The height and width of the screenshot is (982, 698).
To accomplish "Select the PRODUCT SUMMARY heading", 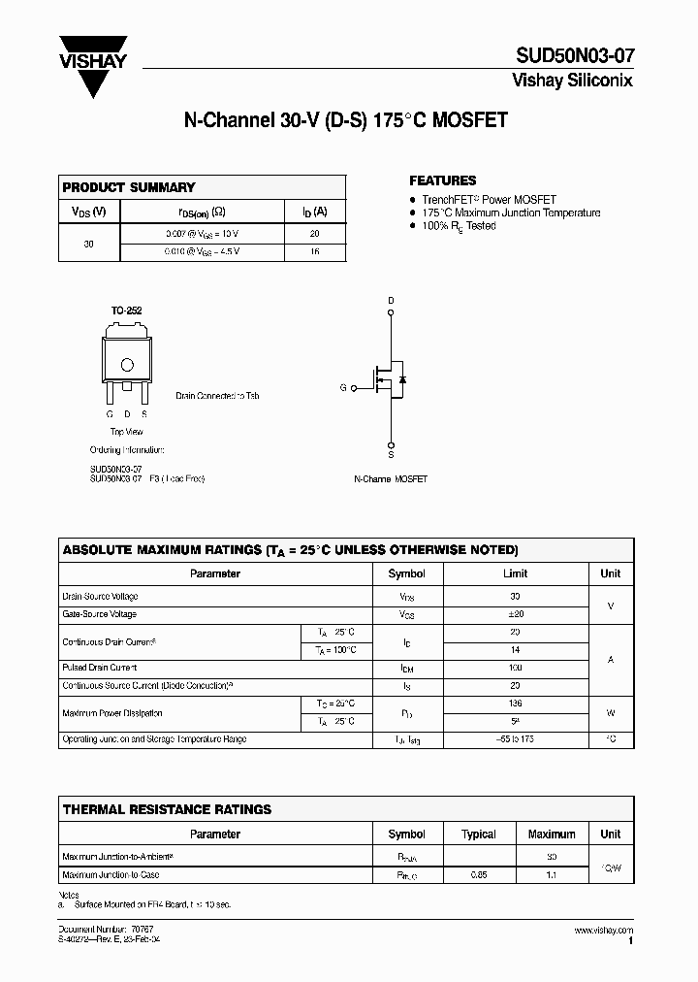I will point(129,187).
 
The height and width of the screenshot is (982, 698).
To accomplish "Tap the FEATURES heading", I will point(442,180).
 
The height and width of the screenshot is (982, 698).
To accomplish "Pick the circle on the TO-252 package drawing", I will point(126,365).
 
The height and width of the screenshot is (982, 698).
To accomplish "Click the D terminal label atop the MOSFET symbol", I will point(391,301).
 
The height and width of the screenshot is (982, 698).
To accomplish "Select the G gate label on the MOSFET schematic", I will point(342,387).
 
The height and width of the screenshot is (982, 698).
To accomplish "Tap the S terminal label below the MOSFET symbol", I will point(391,453).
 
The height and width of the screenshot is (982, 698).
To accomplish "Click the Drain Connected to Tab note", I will point(217,396).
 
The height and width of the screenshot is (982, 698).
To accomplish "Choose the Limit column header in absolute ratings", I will point(515,573).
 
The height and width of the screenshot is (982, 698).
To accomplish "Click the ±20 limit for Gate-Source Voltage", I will point(515,614).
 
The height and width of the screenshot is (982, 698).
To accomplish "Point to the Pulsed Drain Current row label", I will point(100,668).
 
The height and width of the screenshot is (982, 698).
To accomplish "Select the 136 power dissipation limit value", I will point(515,704).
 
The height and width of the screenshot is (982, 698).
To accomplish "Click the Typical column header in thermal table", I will point(479,834).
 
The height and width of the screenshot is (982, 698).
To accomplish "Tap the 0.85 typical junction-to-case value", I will point(479,875).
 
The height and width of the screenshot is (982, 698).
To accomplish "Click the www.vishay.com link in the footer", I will point(603,930).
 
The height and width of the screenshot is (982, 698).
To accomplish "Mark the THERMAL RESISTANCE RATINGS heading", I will point(167,809).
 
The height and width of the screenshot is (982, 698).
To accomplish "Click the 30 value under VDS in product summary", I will point(89,244).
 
